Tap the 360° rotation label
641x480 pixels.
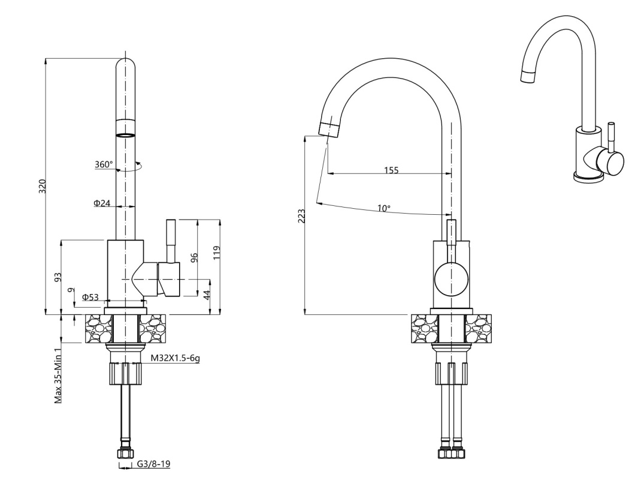coord(104,164)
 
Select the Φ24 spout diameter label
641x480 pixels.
coord(102,203)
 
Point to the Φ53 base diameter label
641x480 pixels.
coord(90,297)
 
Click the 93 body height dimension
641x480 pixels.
coord(58,277)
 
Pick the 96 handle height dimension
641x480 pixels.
coord(195,257)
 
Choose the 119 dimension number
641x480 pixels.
coord(217,252)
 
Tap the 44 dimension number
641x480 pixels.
coord(207,295)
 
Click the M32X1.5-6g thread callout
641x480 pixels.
coord(176,358)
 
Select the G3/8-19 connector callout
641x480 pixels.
coord(153,464)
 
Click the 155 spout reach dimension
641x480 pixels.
coord(391,170)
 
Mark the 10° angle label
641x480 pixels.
coord(383,208)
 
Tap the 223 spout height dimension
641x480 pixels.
coord(302,216)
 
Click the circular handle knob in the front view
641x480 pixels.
coord(451,279)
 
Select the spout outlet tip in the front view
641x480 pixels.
coord(329,130)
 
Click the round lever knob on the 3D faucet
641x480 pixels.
coord(612,162)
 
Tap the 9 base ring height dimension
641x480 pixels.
coord(71,290)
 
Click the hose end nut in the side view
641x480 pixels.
coord(125,454)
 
